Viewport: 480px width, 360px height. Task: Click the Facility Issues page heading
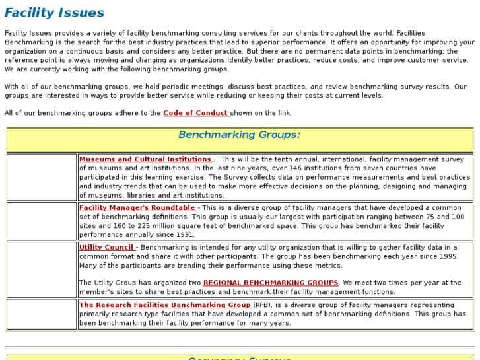(x=54, y=13)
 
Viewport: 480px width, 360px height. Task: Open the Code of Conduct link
(x=196, y=113)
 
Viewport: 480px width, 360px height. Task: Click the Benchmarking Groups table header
(x=239, y=135)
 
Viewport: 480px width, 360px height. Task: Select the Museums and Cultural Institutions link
(x=145, y=159)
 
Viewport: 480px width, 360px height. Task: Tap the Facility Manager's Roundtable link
(x=137, y=208)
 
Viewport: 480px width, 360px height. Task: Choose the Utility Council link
(x=107, y=248)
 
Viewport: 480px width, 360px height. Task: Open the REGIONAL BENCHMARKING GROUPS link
(x=271, y=283)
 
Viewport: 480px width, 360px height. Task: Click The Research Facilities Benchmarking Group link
(x=164, y=305)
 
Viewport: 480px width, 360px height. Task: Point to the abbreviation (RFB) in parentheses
(x=261, y=305)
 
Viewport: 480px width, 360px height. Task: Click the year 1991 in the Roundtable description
(x=186, y=234)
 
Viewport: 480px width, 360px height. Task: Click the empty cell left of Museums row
(x=42, y=177)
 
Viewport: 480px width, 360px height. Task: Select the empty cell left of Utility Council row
(x=42, y=269)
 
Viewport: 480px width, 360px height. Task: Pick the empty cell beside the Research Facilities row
(x=42, y=314)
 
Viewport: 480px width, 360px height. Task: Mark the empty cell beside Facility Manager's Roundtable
(x=42, y=221)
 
